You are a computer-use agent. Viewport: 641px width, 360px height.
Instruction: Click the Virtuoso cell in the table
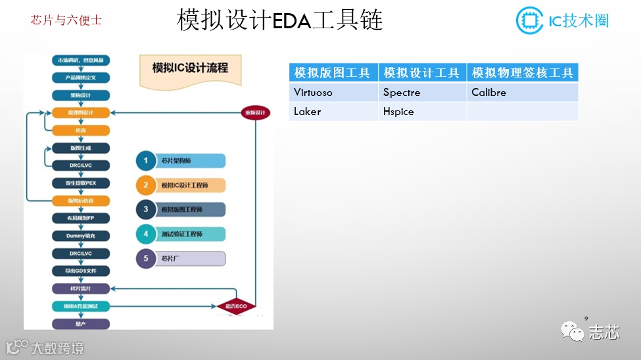(334, 93)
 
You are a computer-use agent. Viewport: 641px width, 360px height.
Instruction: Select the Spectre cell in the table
(422, 93)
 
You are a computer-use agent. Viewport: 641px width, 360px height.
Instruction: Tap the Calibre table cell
(522, 93)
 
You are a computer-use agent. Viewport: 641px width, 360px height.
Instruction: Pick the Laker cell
(334, 112)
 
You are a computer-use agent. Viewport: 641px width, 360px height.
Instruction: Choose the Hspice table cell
(422, 112)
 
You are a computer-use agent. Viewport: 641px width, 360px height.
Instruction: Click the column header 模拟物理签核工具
(522, 73)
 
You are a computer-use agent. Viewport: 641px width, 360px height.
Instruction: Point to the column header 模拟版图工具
(334, 73)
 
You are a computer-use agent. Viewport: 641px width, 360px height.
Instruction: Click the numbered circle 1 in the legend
(147, 161)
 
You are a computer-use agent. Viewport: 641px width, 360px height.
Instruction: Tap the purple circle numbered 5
(147, 259)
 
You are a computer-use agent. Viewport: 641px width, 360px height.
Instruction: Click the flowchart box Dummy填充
(81, 235)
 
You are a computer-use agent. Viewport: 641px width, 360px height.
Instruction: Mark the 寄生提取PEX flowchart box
(81, 183)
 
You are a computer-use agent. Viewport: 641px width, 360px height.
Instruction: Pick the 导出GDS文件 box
(81, 271)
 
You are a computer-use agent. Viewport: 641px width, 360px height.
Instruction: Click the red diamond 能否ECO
(235, 306)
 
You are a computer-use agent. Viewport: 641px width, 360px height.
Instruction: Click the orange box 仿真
(81, 130)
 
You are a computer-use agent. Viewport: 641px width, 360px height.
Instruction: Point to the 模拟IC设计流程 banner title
(189, 68)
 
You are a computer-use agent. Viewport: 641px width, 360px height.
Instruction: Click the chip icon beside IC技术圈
(529, 20)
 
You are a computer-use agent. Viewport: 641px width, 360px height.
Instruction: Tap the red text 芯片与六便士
(66, 20)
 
